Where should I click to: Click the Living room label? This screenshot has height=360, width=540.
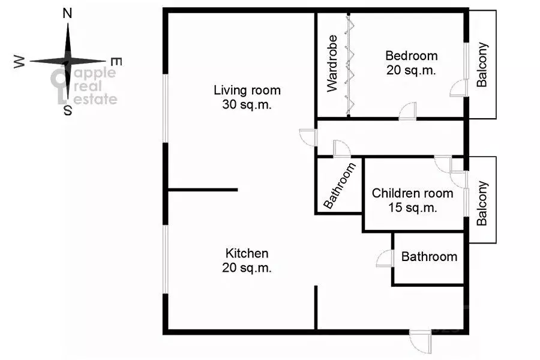click(247, 90)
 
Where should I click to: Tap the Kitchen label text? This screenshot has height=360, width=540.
click(247, 253)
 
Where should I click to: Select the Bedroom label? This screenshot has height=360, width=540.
click(411, 55)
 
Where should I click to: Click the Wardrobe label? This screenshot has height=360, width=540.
click(332, 64)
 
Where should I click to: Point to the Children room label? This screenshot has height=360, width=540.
click(412, 193)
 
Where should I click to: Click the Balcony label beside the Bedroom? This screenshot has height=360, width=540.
click(482, 64)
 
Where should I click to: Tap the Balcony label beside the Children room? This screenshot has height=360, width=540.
click(482, 203)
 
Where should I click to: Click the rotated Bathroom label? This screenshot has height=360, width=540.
click(340, 185)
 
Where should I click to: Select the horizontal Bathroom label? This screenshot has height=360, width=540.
click(429, 257)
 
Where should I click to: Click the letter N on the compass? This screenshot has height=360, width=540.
click(67, 13)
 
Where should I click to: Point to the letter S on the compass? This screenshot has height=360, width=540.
click(67, 110)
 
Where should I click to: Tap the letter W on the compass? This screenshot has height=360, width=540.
click(19, 62)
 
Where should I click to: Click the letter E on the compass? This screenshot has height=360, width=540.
click(116, 62)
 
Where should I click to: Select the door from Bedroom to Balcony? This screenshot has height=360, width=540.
click(458, 88)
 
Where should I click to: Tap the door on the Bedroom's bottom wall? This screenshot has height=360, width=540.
click(408, 111)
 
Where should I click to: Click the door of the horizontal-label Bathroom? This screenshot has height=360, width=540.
click(385, 259)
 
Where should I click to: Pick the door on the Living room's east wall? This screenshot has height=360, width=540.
click(308, 137)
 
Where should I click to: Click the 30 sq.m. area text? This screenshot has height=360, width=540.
click(247, 104)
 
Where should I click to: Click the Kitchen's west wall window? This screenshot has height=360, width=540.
click(166, 259)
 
